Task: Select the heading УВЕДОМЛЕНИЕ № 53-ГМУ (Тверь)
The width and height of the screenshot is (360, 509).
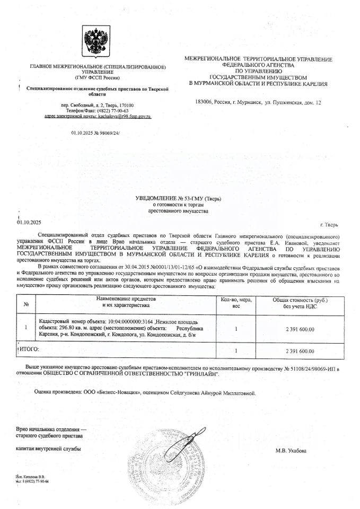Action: pos(178,198)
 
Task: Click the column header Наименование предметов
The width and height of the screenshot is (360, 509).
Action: pos(127,300)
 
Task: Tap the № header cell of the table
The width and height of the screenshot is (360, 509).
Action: pos(26,304)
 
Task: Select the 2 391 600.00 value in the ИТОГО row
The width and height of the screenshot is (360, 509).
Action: pos(300,350)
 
